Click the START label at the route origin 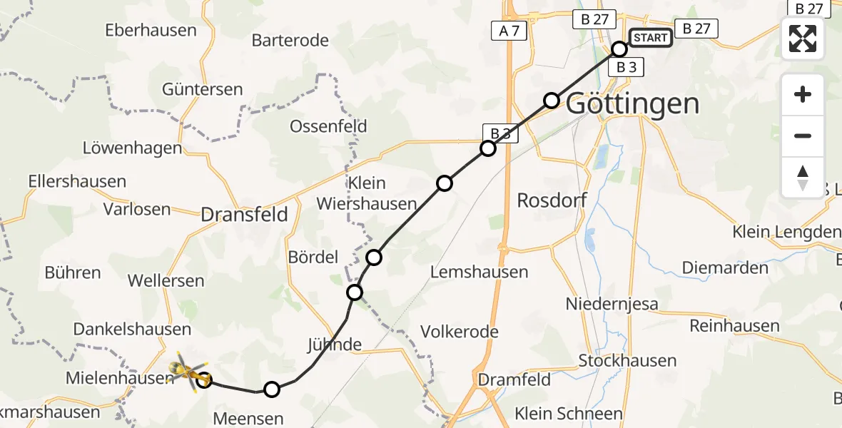(x=650, y=38)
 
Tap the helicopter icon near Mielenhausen (x=187, y=370)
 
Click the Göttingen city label (x=632, y=104)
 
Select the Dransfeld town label (x=244, y=214)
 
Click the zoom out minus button (x=803, y=136)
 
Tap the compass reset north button (x=803, y=178)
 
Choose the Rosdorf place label (x=552, y=200)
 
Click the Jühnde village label (x=335, y=345)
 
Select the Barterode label (x=290, y=40)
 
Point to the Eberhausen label (x=151, y=30)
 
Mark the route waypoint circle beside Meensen (x=271, y=389)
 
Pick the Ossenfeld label (x=328, y=126)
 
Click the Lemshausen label (x=480, y=272)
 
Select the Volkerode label (x=460, y=332)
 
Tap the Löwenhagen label (x=133, y=149)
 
